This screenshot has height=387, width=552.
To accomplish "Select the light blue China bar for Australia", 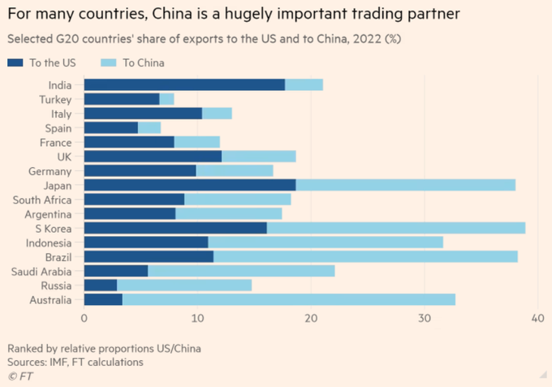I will [288, 300].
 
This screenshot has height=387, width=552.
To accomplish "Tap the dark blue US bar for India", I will [184, 84].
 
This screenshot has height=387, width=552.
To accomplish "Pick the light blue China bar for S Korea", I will [395, 228].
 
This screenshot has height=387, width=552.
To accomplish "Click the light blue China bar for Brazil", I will [365, 256].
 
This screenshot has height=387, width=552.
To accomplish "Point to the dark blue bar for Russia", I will [100, 286].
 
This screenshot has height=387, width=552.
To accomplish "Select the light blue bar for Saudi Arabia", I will [241, 271].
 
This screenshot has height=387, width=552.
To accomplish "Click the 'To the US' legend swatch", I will [15, 62].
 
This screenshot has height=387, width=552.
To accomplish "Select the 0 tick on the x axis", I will [84, 320].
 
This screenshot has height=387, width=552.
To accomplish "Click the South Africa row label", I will [42, 199].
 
